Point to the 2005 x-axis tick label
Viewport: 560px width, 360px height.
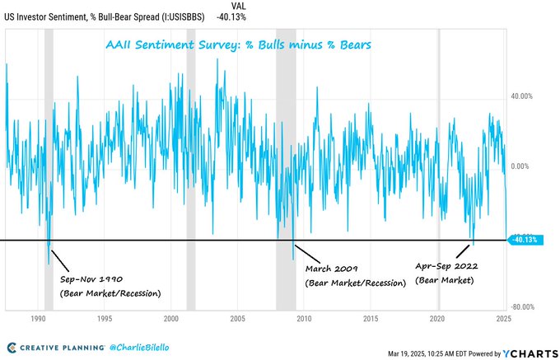click(x=237, y=317)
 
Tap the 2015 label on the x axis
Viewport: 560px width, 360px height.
click(x=371, y=317)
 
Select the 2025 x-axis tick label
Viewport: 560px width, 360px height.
click(x=504, y=317)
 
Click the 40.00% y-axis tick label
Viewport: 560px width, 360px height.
click(x=522, y=96)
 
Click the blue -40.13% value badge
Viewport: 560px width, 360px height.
click(x=525, y=240)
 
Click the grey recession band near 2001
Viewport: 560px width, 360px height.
click(x=191, y=165)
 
